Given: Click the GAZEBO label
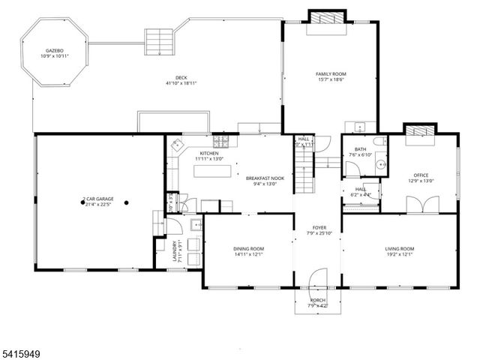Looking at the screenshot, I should (x=54, y=51).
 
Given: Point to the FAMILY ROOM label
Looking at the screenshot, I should (x=331, y=73).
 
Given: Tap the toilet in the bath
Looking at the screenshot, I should (x=379, y=142).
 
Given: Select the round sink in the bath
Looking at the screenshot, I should (x=380, y=164).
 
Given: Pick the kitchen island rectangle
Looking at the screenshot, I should (x=211, y=170).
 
